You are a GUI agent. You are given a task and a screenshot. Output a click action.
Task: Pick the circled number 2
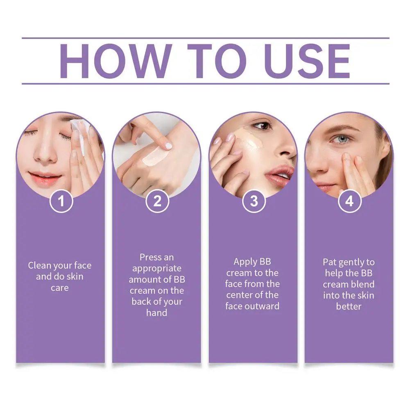(157, 201)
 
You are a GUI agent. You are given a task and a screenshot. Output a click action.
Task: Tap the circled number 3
(254, 201)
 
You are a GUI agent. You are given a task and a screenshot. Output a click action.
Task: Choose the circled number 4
(349, 201)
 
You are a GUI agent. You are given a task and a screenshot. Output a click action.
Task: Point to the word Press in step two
(151, 257)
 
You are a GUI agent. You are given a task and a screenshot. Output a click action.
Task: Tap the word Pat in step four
(329, 262)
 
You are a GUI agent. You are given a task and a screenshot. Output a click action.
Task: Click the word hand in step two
(157, 313)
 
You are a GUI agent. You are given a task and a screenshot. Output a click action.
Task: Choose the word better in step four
(349, 306)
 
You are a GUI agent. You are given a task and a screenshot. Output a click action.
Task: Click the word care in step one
(60, 288)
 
